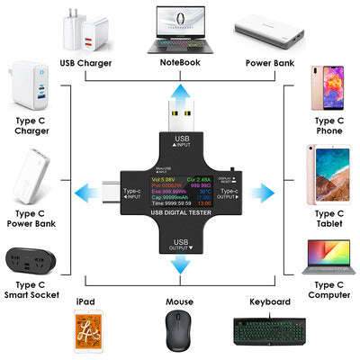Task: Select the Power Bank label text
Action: pos(271,62)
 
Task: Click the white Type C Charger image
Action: pos(26,88)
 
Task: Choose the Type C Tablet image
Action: pos(328,175)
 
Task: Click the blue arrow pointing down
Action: pos(179,262)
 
